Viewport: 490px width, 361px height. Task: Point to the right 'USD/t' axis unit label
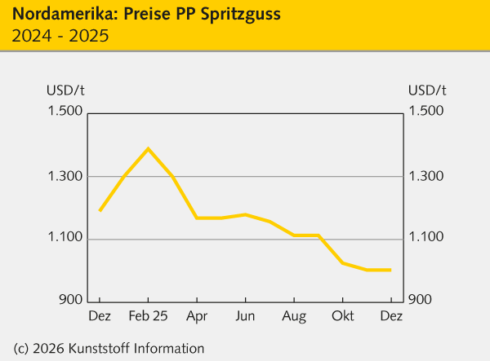(x=426, y=90)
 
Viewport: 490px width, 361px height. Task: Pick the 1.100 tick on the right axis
(x=426, y=238)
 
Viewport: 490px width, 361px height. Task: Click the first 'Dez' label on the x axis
(x=100, y=315)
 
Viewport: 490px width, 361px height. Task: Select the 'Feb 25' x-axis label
(x=149, y=315)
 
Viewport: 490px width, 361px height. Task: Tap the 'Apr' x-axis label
(x=196, y=315)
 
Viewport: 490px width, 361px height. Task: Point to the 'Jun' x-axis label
(x=244, y=315)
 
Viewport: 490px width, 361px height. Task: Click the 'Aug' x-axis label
(x=295, y=315)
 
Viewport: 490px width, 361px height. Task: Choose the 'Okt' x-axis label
(x=343, y=315)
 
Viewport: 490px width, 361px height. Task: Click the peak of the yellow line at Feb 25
(x=148, y=148)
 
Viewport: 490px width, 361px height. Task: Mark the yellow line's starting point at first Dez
(x=100, y=210)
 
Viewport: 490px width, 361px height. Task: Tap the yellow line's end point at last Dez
(x=390, y=270)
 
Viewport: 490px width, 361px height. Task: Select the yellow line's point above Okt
(x=342, y=263)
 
